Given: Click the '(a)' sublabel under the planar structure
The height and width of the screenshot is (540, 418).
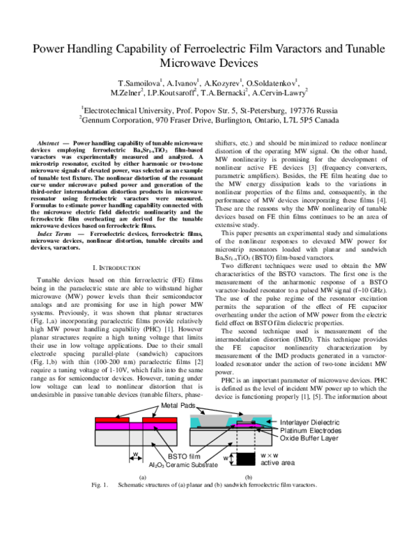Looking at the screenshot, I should click(142, 497).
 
